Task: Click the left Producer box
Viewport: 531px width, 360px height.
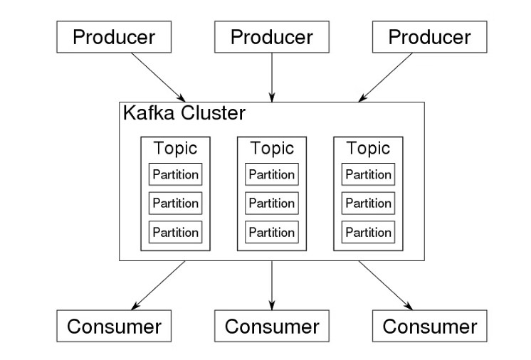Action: pyautogui.click(x=114, y=37)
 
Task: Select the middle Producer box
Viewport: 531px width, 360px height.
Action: pyautogui.click(x=272, y=37)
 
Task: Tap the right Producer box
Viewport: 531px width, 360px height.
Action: pyautogui.click(x=429, y=37)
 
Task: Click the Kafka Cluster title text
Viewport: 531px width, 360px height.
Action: pyautogui.click(x=184, y=114)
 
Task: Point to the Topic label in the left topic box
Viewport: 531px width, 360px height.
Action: pyautogui.click(x=175, y=149)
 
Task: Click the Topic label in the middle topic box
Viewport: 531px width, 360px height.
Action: pyautogui.click(x=272, y=149)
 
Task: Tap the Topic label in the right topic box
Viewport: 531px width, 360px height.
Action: pyautogui.click(x=368, y=149)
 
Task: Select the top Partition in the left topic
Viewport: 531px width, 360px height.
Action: pyautogui.click(x=175, y=174)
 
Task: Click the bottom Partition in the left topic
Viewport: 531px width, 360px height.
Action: pyautogui.click(x=175, y=232)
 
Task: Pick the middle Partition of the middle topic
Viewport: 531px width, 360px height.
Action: pyautogui.click(x=272, y=203)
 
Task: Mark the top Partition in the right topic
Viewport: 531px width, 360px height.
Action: pyautogui.click(x=368, y=174)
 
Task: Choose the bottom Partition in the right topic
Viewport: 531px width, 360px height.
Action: pyautogui.click(x=368, y=232)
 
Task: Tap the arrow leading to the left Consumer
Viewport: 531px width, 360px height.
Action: pyautogui.click(x=158, y=285)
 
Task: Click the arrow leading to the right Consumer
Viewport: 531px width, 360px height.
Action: pyautogui.click(x=385, y=285)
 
